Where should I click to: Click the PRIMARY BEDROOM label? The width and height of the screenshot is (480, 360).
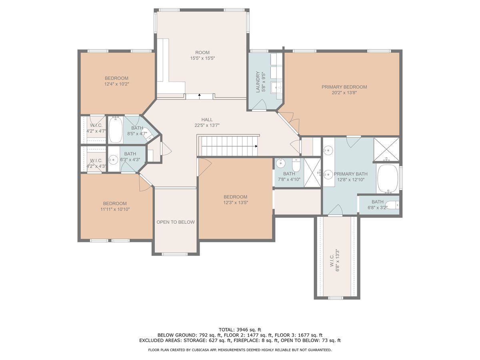click(344, 87)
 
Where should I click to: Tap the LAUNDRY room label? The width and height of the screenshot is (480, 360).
click(258, 82)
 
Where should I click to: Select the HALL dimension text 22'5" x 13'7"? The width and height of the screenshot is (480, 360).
click(207, 125)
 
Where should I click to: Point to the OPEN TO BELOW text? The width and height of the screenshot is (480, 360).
click(176, 222)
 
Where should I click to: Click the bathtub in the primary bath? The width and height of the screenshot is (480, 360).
click(388, 179)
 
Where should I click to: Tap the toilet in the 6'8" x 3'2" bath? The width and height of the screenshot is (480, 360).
click(392, 205)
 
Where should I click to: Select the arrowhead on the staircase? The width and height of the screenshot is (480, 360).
click(256, 146)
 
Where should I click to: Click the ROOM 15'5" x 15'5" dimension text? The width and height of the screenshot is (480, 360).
click(202, 58)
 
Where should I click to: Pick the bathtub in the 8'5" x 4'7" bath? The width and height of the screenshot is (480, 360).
click(116, 130)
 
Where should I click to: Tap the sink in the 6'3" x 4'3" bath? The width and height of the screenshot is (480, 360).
click(113, 160)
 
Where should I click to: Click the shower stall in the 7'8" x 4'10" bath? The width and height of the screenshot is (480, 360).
click(312, 172)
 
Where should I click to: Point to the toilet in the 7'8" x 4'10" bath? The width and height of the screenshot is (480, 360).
click(296, 165)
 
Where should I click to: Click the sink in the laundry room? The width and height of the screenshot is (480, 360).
click(277, 88)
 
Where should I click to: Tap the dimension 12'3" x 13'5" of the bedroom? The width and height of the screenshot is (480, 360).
click(236, 202)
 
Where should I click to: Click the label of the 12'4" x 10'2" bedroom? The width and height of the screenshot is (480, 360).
click(116, 78)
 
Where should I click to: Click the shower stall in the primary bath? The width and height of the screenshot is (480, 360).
click(386, 150)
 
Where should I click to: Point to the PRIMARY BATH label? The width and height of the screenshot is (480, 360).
click(350, 174)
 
